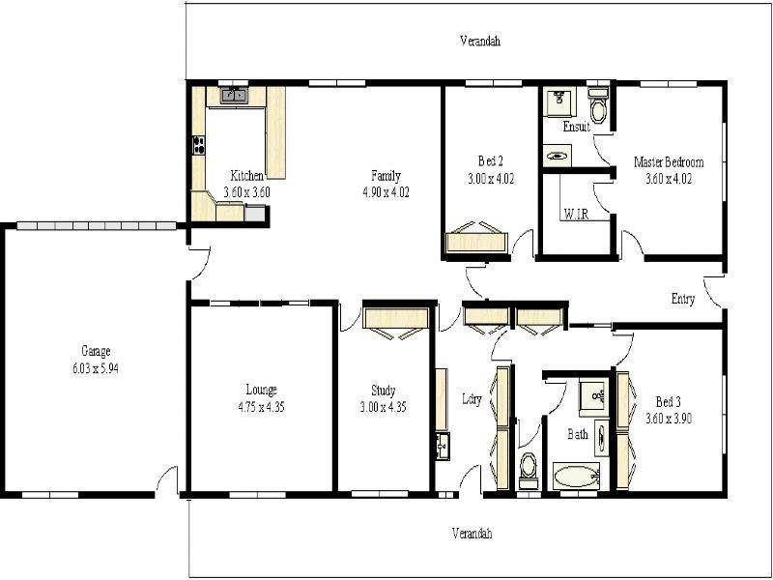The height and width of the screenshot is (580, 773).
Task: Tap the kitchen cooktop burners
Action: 200,147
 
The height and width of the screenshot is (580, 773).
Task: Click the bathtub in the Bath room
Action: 576,476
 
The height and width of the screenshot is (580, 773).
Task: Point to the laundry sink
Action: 442,446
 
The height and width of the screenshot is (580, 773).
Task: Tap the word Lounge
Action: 261,390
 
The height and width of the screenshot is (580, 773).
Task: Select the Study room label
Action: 383,391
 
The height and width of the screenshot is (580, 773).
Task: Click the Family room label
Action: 386,176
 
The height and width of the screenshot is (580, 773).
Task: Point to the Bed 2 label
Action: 491,160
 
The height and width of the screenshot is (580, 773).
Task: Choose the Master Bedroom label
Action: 669,161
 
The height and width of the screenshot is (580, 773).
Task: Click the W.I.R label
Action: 575,214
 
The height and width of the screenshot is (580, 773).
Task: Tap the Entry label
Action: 683,299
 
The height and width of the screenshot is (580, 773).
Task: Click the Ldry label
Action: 472,399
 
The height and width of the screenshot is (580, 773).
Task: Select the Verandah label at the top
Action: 479,42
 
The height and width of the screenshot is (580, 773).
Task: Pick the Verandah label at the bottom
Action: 472,534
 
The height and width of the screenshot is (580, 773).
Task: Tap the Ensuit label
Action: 577,127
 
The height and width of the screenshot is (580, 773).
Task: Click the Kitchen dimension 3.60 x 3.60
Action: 246,191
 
